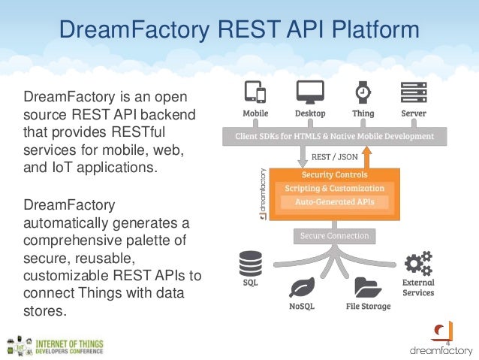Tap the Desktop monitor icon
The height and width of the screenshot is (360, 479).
tap(309, 92)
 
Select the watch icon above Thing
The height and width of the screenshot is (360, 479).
tap(363, 92)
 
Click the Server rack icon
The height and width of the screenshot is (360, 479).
tap(414, 92)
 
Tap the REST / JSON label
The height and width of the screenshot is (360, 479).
tap(336, 159)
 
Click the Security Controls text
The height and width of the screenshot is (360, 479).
tap(334, 174)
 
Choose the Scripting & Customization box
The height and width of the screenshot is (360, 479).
tap(334, 188)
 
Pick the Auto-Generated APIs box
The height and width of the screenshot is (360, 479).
tap(334, 201)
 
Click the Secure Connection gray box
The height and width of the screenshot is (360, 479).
tap(334, 236)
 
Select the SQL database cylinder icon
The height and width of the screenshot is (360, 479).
tap(250, 264)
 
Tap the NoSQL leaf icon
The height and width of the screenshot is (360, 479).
tap(302, 288)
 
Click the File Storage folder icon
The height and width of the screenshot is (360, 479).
tap(368, 288)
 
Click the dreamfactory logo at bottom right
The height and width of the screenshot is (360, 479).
tap(441, 340)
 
